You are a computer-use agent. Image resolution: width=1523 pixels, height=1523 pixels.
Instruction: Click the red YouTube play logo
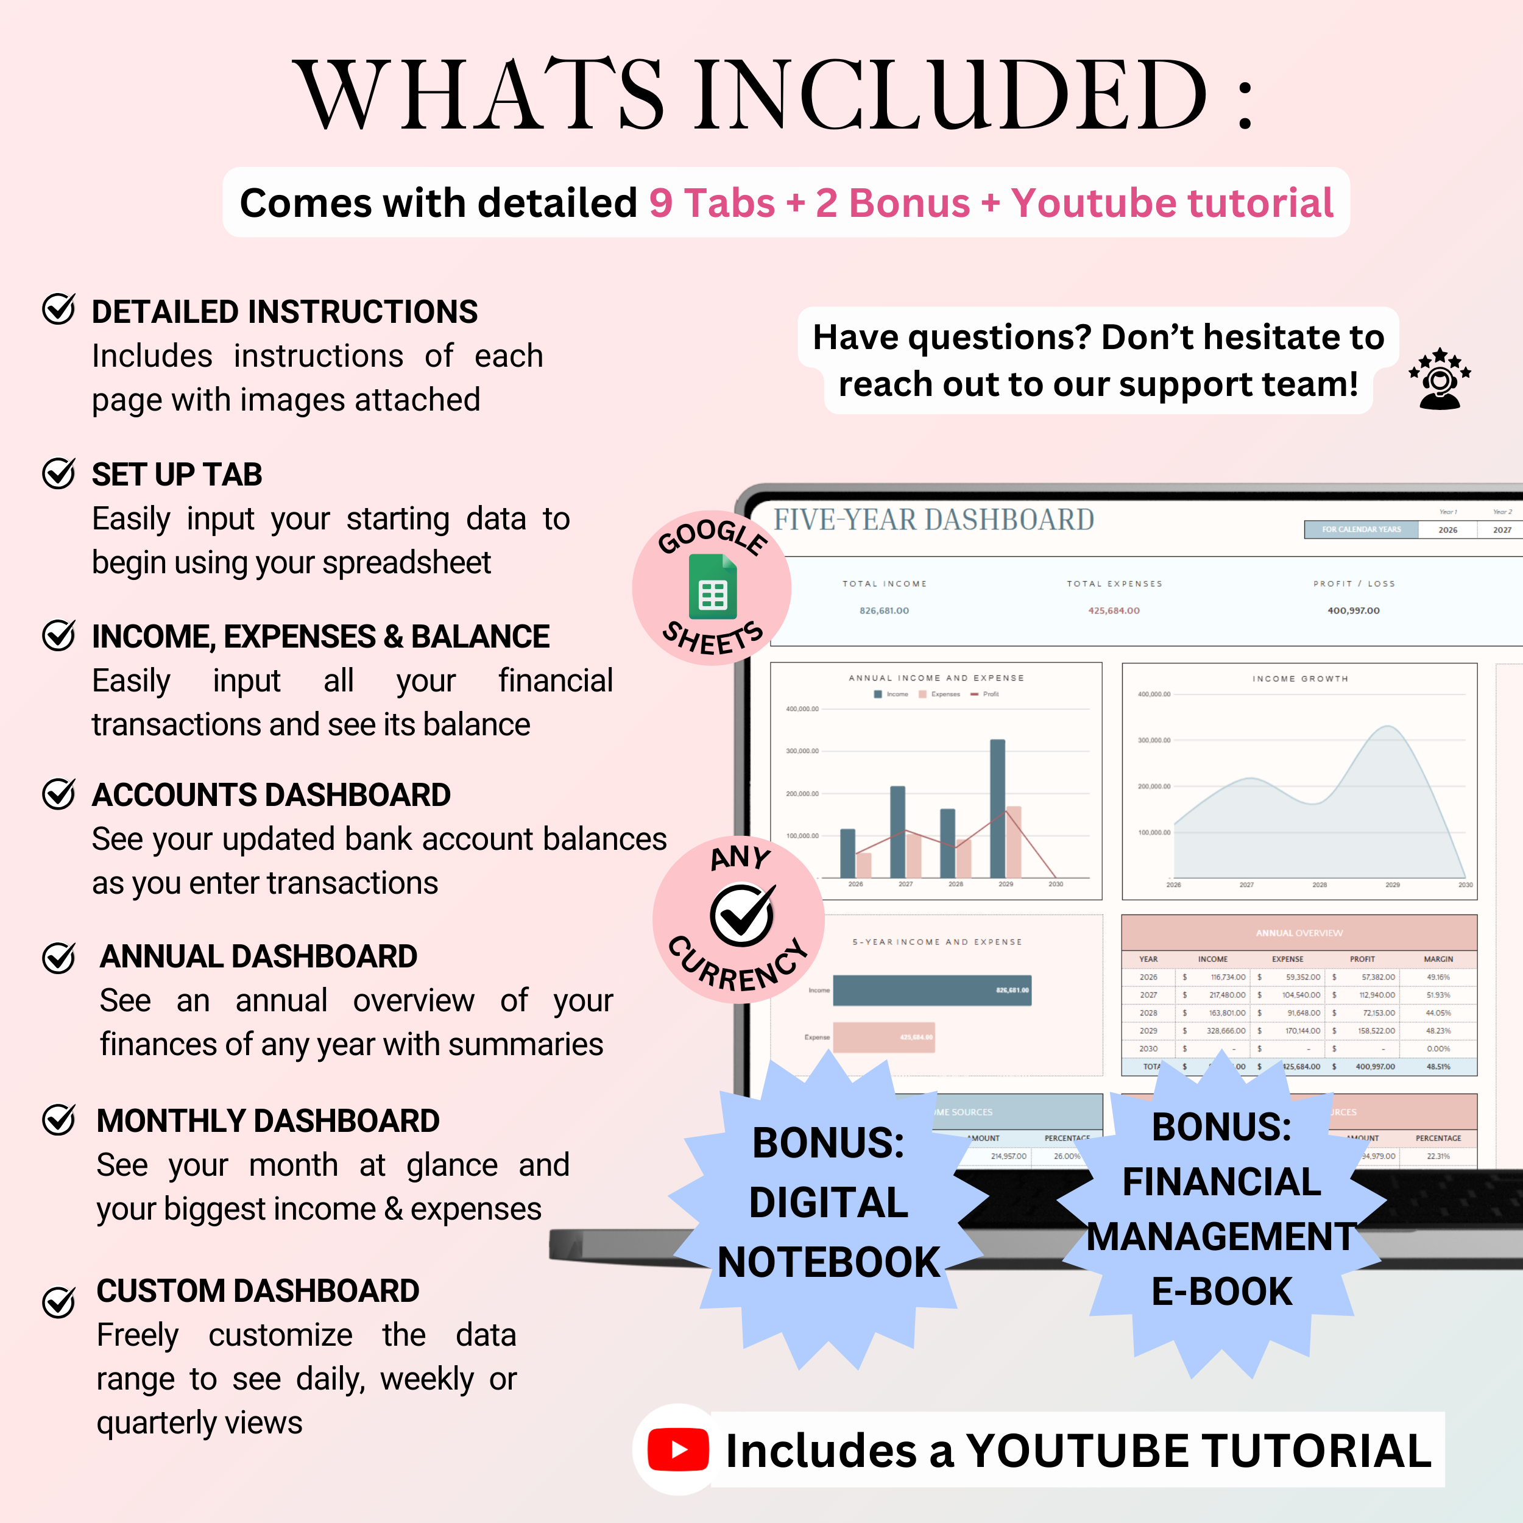coord(678,1450)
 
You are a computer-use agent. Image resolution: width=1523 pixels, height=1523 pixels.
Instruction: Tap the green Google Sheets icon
coord(713,587)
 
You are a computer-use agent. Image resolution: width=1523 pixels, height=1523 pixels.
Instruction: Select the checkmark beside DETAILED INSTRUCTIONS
coord(58,309)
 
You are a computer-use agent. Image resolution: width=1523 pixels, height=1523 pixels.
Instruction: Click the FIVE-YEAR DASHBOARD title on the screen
coord(933,520)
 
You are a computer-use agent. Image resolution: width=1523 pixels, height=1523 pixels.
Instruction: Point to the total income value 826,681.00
coord(884,611)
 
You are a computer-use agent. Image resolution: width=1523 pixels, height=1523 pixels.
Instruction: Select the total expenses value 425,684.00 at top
coord(1114,611)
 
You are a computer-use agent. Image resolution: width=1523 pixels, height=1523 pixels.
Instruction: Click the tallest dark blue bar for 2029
coord(997,808)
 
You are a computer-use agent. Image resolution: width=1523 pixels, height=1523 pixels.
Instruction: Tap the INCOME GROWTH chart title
coord(1300,679)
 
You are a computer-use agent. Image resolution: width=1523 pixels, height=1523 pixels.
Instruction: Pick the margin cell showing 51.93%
coord(1437,995)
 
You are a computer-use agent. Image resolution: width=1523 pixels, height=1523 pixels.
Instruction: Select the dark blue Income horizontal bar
coord(932,990)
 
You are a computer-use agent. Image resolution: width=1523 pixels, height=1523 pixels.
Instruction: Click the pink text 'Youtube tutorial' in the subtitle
coord(1172,203)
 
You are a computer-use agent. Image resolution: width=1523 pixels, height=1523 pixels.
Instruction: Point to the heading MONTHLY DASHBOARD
coord(268,1121)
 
